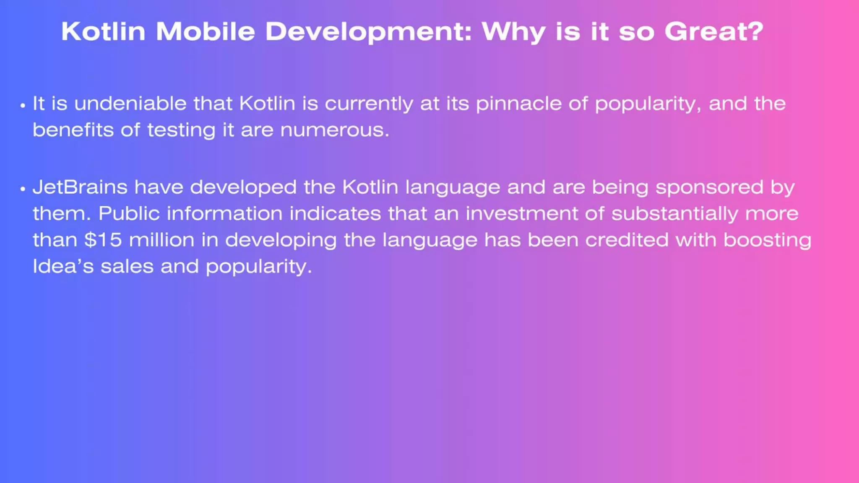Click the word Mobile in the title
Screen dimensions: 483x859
pyautogui.click(x=205, y=31)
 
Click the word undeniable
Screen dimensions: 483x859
pyautogui.click(x=130, y=104)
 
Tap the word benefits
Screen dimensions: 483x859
pyautogui.click(x=73, y=130)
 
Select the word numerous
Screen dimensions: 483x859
pyautogui.click(x=335, y=130)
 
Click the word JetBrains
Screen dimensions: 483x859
pyautogui.click(x=80, y=187)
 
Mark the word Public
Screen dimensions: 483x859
pyautogui.click(x=129, y=214)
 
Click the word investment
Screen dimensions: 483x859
pyautogui.click(x=522, y=214)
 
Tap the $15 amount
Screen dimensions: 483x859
pyautogui.click(x=103, y=240)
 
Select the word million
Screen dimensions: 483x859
pyautogui.click(x=161, y=240)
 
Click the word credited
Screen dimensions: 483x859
pyautogui.click(x=627, y=240)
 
